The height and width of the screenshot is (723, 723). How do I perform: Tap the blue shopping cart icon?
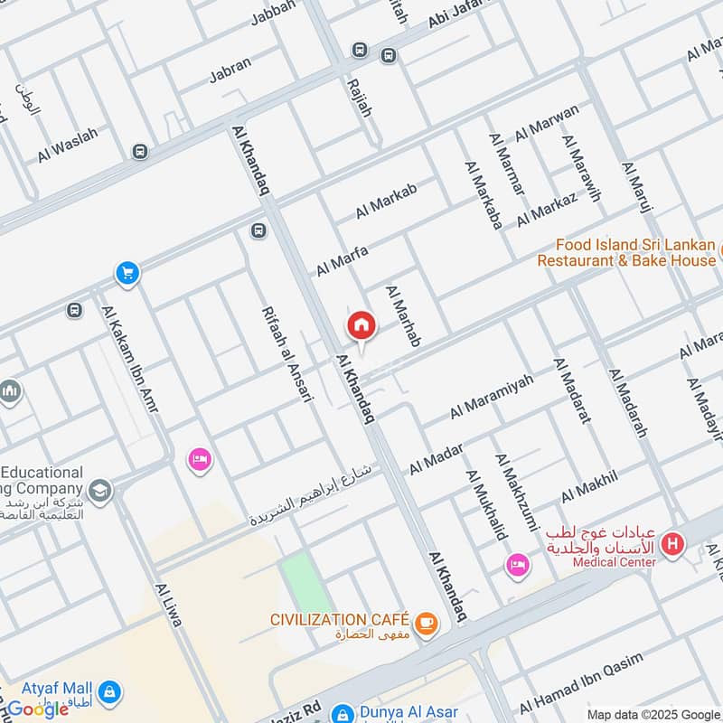(x=127, y=272)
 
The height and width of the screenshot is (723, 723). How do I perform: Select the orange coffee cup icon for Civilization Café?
(x=426, y=621)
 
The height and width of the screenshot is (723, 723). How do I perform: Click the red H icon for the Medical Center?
(x=672, y=544)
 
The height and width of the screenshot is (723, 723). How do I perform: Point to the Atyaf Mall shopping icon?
(x=108, y=691)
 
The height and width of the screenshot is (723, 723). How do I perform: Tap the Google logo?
(x=38, y=709)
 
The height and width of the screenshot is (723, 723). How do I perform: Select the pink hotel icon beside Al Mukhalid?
(x=518, y=565)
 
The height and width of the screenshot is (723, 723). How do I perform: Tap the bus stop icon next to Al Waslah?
(x=139, y=151)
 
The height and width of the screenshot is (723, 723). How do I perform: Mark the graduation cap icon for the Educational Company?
(x=100, y=490)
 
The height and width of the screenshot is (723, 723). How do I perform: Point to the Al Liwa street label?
(x=169, y=605)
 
